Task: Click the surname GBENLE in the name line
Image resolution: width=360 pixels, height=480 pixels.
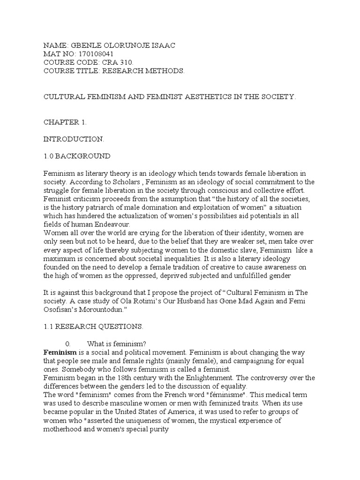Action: point(85,45)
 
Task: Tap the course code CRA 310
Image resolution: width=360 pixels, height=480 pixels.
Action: point(117,62)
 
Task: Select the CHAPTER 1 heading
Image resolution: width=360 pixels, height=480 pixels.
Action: point(65,122)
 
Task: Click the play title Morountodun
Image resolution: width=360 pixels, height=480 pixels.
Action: point(107,309)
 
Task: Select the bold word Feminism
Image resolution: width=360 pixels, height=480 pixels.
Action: point(60,352)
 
